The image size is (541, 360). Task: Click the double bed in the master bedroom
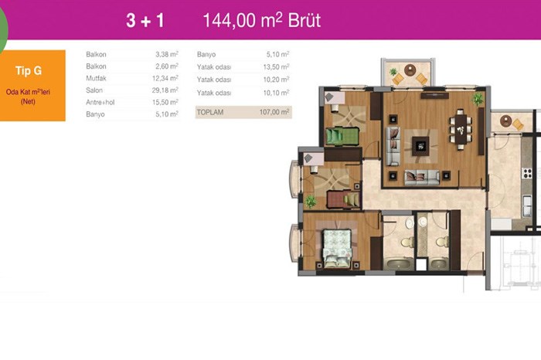pyautogui.click(x=337, y=248)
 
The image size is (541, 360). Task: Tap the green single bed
pyautogui.click(x=342, y=136)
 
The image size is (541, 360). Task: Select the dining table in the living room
pyautogui.click(x=461, y=129)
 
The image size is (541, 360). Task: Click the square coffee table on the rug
pyautogui.click(x=420, y=146)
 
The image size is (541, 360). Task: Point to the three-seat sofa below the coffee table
pyautogui.click(x=422, y=177)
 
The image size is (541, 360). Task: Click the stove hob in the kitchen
pyautogui.click(x=527, y=174)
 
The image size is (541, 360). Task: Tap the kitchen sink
pyautogui.click(x=527, y=205)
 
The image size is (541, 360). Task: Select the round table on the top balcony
pyautogui.click(x=410, y=70)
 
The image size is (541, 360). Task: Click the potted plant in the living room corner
pyautogui.click(x=478, y=100)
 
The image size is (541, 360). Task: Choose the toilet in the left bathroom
pyautogui.click(x=407, y=242)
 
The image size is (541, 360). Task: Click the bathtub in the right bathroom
pyautogui.click(x=438, y=264)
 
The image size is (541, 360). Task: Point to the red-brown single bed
pyautogui.click(x=343, y=199)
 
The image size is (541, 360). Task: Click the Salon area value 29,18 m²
pyautogui.click(x=165, y=90)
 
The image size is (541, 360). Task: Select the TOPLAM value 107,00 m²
pyautogui.click(x=274, y=112)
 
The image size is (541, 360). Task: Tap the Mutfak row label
pyautogui.click(x=96, y=78)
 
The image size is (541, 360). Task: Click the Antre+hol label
pyautogui.click(x=100, y=102)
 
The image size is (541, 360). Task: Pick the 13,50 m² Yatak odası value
pyautogui.click(x=276, y=66)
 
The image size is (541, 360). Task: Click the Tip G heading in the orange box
pyautogui.click(x=29, y=71)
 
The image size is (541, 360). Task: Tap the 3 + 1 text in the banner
pyautogui.click(x=145, y=20)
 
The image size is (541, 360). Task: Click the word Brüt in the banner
pyautogui.click(x=305, y=20)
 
